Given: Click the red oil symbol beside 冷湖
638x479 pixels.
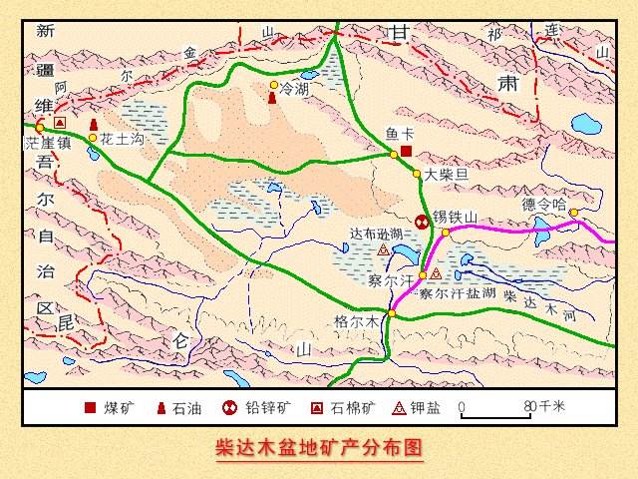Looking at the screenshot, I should click(x=272, y=92).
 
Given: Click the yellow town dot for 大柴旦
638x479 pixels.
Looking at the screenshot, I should click(x=416, y=174).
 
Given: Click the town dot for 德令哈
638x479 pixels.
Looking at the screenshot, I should click(x=574, y=212).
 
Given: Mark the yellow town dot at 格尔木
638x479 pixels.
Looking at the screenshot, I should click(x=392, y=314).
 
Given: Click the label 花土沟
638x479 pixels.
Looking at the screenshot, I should click(x=123, y=139).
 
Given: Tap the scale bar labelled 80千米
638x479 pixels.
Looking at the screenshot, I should click(x=496, y=409).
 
